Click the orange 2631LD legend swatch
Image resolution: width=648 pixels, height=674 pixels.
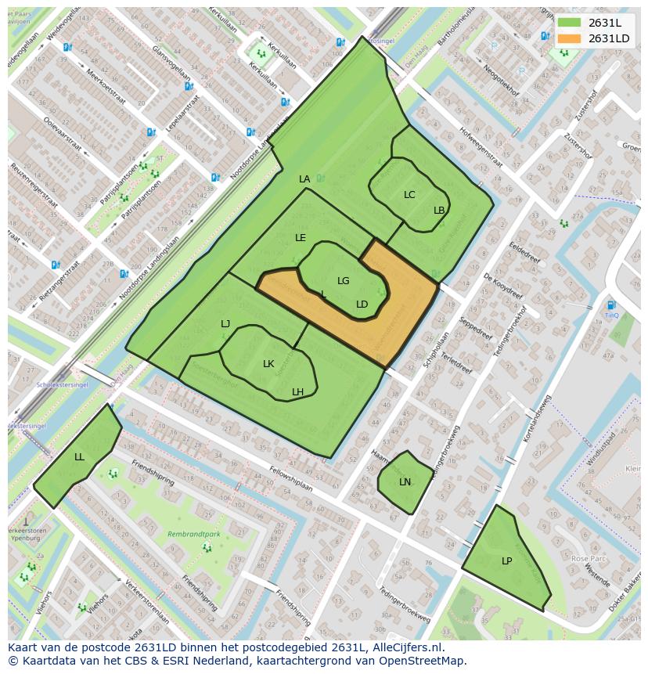[x=570, y=38]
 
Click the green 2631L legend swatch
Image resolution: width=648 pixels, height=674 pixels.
[x=570, y=23]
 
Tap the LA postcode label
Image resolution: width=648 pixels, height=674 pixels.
[x=304, y=179]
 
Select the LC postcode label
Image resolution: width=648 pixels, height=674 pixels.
[x=409, y=195]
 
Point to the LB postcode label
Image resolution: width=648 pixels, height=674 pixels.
[x=439, y=211]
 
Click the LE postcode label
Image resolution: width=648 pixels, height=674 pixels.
[x=301, y=238]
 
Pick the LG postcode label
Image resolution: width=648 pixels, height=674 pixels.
[x=344, y=281]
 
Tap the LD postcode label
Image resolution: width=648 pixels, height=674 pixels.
[x=362, y=305]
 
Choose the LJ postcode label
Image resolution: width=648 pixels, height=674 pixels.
[x=225, y=324]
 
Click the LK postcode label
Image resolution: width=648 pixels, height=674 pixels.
[x=268, y=364]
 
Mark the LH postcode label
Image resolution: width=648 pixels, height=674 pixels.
[x=298, y=392]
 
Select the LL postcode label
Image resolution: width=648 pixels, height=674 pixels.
[x=79, y=457]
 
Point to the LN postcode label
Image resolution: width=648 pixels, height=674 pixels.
[x=405, y=482]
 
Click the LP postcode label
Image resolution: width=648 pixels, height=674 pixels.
[x=507, y=561]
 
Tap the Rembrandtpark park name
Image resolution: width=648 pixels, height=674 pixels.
[x=188, y=535]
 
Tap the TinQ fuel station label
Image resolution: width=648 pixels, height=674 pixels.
[x=611, y=315]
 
